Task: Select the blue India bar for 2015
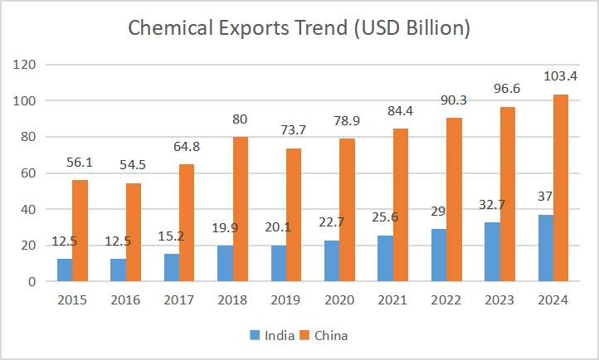click(65, 270)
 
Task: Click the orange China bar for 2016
click(133, 232)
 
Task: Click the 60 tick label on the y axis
click(27, 173)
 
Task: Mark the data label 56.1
click(80, 163)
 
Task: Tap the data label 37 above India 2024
click(545, 198)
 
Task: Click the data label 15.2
click(171, 236)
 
